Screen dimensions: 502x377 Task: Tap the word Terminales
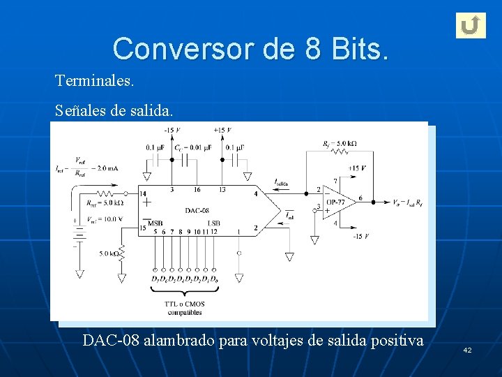tap(94, 81)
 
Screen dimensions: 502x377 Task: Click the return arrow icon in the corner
tap(471, 25)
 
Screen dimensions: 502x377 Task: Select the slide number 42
tap(467, 349)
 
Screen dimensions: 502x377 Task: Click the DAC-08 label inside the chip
tap(197, 210)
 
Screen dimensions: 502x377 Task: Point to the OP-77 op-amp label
tap(335, 202)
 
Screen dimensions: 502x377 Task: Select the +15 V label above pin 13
tap(222, 131)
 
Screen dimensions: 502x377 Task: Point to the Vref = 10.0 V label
tap(105, 219)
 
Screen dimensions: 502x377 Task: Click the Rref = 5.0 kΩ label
tap(105, 203)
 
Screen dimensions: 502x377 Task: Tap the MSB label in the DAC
tap(155, 223)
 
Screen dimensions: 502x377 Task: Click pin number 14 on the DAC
tap(143, 193)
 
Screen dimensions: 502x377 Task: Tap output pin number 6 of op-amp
tap(360, 198)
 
